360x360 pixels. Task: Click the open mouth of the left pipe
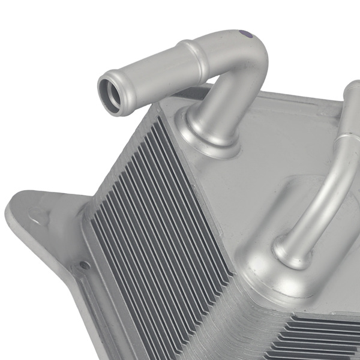coord(112,92)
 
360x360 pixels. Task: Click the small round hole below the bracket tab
coord(85,265)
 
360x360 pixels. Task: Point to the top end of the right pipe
coord(353,90)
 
